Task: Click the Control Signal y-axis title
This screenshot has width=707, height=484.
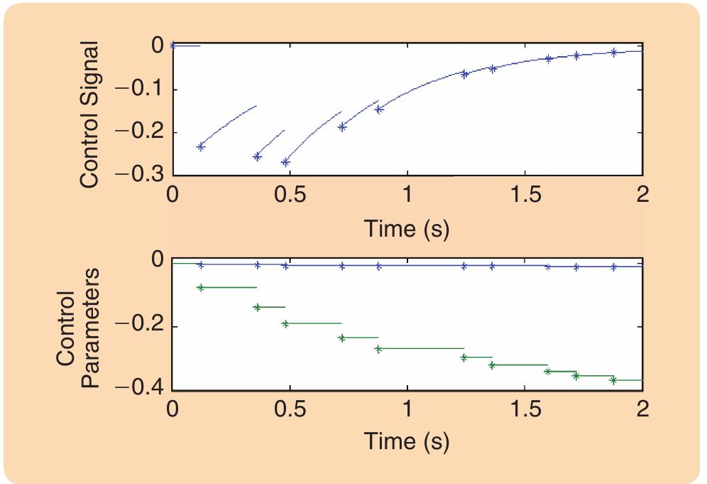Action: (89, 115)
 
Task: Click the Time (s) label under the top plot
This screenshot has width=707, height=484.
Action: (407, 229)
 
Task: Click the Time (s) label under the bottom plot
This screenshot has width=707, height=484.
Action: (407, 441)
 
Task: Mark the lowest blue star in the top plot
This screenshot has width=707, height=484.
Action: (285, 162)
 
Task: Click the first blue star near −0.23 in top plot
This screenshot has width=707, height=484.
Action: (200, 146)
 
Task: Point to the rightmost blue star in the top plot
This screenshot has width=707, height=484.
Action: (614, 52)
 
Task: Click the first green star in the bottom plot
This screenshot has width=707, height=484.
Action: (200, 287)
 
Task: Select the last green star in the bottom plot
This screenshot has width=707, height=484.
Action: (614, 380)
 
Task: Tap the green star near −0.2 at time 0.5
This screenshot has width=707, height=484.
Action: (285, 323)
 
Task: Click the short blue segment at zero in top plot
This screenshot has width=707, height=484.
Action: (186, 45)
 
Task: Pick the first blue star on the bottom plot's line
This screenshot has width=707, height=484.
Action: (200, 264)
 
